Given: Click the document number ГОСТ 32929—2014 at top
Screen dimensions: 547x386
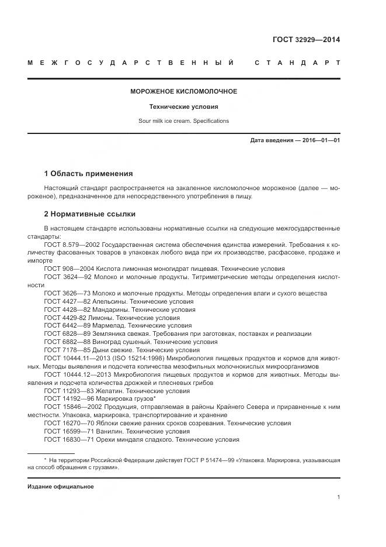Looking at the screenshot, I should point(306,40).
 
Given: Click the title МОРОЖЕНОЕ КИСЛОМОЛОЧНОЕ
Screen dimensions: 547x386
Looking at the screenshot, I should point(183,92).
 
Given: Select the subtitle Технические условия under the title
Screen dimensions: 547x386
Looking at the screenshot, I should point(183,107).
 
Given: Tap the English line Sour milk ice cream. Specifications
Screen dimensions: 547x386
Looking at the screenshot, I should point(183,121).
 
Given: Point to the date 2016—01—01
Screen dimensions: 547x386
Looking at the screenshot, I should point(321,141).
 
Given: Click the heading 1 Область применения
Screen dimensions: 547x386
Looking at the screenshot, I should point(88,174).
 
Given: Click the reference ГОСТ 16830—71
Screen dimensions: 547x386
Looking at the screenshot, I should point(65,439).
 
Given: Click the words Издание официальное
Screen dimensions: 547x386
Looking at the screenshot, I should point(60,486).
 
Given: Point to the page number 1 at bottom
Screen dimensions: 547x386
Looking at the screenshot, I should point(339,497).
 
